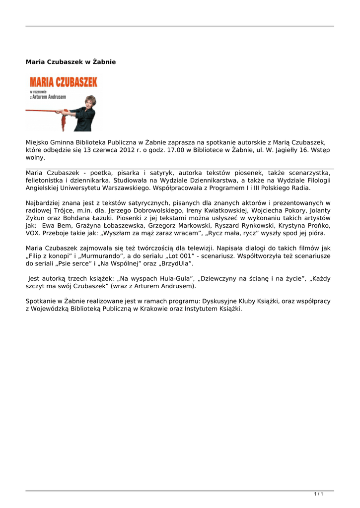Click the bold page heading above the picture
click(71, 62)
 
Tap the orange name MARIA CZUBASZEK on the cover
click(63, 82)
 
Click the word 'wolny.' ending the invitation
click(35, 158)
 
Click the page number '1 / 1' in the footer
click(319, 494)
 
